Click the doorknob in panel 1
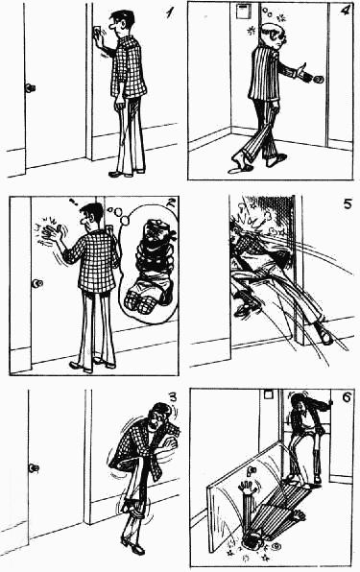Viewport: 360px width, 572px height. tap(30, 88)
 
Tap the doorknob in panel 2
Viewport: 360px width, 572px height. tap(36, 284)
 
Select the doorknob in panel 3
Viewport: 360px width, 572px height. tap(34, 467)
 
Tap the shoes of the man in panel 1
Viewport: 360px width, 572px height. tap(120, 173)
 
